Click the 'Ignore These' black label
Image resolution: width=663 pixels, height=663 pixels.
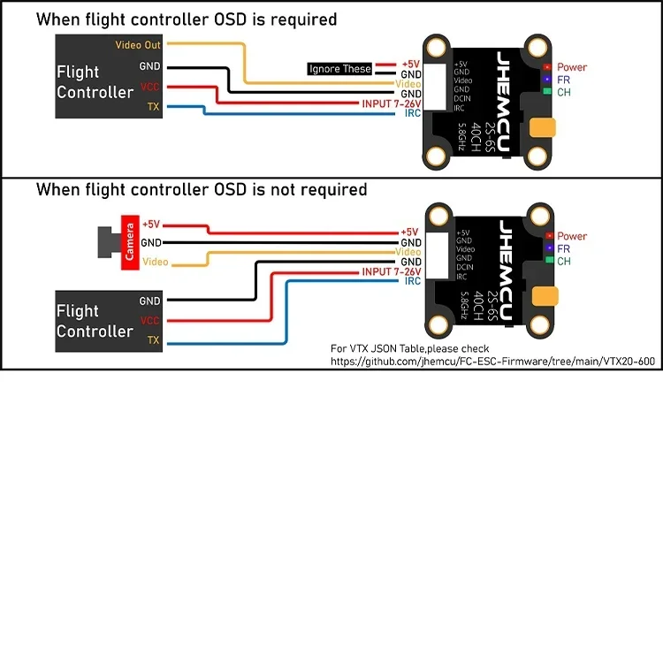(339, 69)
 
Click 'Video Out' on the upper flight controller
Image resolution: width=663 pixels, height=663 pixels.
(139, 44)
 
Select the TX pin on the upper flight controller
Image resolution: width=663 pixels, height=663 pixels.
(152, 107)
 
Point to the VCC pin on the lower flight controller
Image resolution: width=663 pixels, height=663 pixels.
(150, 321)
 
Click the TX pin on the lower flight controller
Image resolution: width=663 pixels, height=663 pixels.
(153, 340)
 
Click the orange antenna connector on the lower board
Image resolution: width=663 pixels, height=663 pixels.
(542, 296)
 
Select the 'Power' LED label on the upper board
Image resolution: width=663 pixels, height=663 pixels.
(571, 67)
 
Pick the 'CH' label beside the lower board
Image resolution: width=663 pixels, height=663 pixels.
(563, 262)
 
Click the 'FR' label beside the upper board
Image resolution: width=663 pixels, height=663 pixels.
(563, 80)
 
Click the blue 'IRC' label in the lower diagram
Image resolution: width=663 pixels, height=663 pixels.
(412, 281)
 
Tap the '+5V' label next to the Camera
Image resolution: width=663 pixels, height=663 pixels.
(151, 225)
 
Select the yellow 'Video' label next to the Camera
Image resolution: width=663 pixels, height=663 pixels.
(156, 262)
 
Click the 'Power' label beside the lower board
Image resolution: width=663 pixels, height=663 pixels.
(571, 236)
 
